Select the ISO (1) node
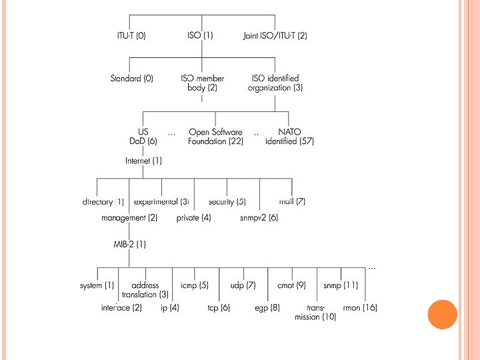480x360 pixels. point(200,36)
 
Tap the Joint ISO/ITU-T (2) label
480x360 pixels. point(275,36)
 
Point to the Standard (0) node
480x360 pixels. point(131,79)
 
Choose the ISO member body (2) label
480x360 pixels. point(203,83)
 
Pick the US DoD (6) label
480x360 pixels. point(143,137)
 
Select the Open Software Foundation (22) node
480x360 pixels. point(216,137)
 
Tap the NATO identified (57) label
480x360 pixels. point(289,137)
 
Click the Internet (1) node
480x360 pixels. point(143,161)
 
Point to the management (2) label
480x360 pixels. point(129,218)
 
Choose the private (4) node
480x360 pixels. point(194,218)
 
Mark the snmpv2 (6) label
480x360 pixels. point(259,218)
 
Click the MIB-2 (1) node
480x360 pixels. point(129,244)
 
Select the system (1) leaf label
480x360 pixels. point(97,285)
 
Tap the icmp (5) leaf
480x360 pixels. point(195,285)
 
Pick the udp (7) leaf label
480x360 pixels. point(243,285)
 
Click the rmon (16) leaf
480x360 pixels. point(360,308)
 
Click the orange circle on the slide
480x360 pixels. point(442,314)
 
